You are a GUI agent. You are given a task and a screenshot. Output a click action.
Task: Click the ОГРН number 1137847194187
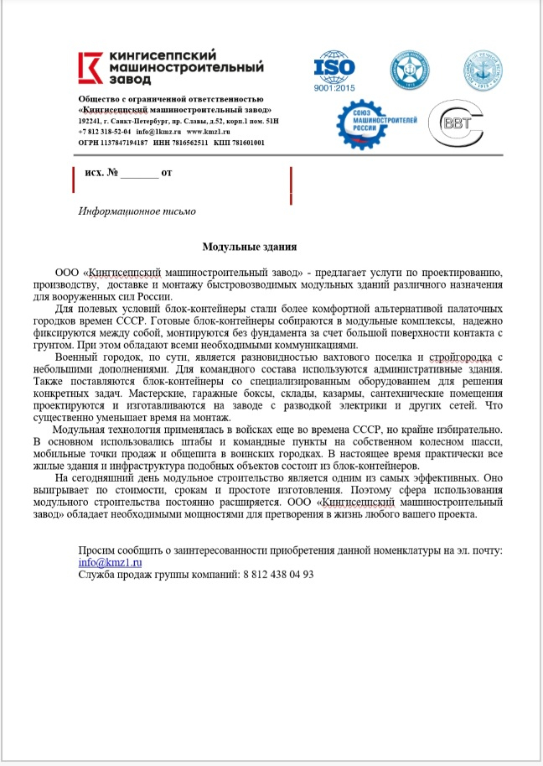(125, 143)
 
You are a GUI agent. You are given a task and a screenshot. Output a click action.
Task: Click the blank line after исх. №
(139, 175)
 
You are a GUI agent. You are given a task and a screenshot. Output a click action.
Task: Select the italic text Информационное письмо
(137, 211)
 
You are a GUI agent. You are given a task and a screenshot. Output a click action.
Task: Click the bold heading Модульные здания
(250, 247)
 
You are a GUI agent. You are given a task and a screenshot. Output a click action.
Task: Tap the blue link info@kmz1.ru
(110, 562)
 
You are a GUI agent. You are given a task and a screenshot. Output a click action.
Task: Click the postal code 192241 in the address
(91, 121)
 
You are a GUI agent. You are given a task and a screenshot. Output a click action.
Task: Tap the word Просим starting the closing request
(97, 550)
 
